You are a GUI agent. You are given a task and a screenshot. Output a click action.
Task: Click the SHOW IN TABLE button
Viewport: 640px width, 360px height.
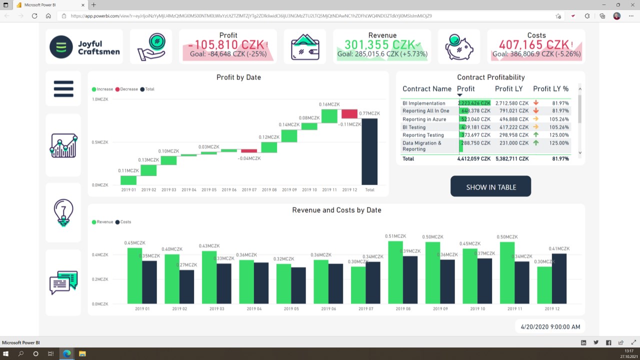coord(490,186)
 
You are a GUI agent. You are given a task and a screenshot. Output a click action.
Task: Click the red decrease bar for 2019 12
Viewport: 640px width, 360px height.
coord(349,114)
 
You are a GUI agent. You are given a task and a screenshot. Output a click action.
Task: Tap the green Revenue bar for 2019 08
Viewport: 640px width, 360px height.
coord(395,272)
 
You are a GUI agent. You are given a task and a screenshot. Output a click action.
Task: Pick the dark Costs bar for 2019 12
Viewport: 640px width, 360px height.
coord(559,278)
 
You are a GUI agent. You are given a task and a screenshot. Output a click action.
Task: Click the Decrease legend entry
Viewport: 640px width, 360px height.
coord(126,89)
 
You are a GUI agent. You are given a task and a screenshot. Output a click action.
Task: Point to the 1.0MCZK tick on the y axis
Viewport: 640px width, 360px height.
coord(100,99)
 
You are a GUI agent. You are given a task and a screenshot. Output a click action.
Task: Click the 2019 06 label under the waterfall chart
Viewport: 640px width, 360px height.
coord(229,190)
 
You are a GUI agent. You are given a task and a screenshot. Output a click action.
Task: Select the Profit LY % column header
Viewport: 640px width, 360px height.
coord(550,89)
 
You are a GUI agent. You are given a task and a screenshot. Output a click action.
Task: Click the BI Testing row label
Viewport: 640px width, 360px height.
coord(414,127)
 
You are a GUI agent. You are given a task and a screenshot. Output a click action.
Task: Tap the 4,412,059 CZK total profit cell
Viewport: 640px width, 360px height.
coord(474,159)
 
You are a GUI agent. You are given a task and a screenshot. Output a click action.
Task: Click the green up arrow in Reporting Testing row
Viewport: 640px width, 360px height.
coord(536,135)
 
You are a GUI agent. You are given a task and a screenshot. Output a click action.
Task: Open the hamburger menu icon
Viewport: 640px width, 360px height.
coord(63,89)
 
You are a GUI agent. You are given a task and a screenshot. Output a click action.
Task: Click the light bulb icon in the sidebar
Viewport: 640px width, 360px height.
coord(63,212)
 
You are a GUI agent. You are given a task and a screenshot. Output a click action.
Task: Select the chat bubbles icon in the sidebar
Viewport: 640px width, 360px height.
coord(63,282)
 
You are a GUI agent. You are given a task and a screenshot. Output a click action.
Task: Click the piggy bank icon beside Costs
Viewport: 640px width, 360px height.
coord(459,46)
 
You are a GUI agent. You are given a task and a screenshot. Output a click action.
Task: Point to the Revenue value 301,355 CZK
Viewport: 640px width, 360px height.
coord(379,45)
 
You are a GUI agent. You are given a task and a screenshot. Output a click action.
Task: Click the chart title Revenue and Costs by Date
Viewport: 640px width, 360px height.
coord(336,210)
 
